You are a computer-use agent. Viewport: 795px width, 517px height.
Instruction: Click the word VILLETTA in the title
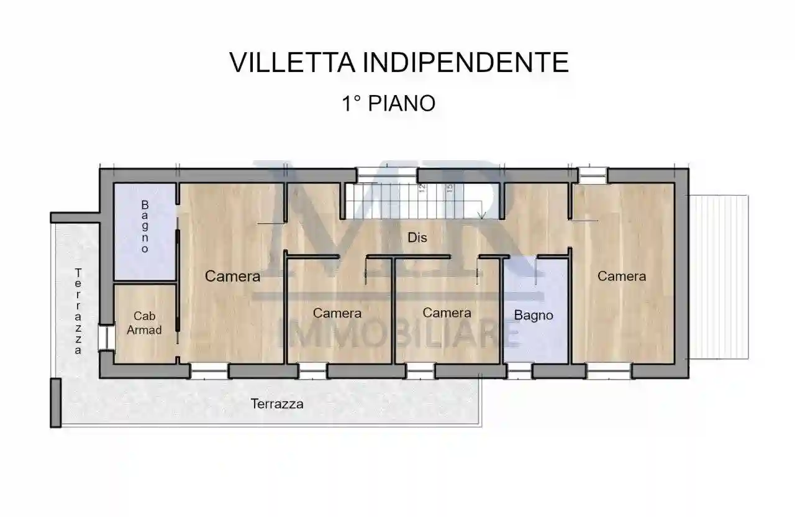point(291,63)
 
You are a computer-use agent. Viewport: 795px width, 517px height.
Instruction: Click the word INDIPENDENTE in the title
point(465,63)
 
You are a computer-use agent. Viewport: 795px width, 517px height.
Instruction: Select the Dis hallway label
point(417,237)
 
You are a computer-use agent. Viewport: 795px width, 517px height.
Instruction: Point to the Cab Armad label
point(144,324)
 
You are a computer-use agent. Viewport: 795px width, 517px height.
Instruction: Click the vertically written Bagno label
point(145,226)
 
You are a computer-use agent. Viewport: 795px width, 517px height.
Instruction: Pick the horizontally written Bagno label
point(534,315)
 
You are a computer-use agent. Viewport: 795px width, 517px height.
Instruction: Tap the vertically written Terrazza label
point(78,311)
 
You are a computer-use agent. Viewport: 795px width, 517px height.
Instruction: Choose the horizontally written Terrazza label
point(277,404)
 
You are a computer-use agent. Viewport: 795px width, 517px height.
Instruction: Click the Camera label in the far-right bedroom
point(622,277)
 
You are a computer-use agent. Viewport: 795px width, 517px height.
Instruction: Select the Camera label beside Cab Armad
point(232,277)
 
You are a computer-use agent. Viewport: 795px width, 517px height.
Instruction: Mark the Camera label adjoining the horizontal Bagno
point(447,313)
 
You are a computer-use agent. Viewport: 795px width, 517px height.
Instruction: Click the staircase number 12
point(422,188)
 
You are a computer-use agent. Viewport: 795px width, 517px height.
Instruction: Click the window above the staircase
point(386,175)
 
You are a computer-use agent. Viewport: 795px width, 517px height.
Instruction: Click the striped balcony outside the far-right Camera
point(719,277)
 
